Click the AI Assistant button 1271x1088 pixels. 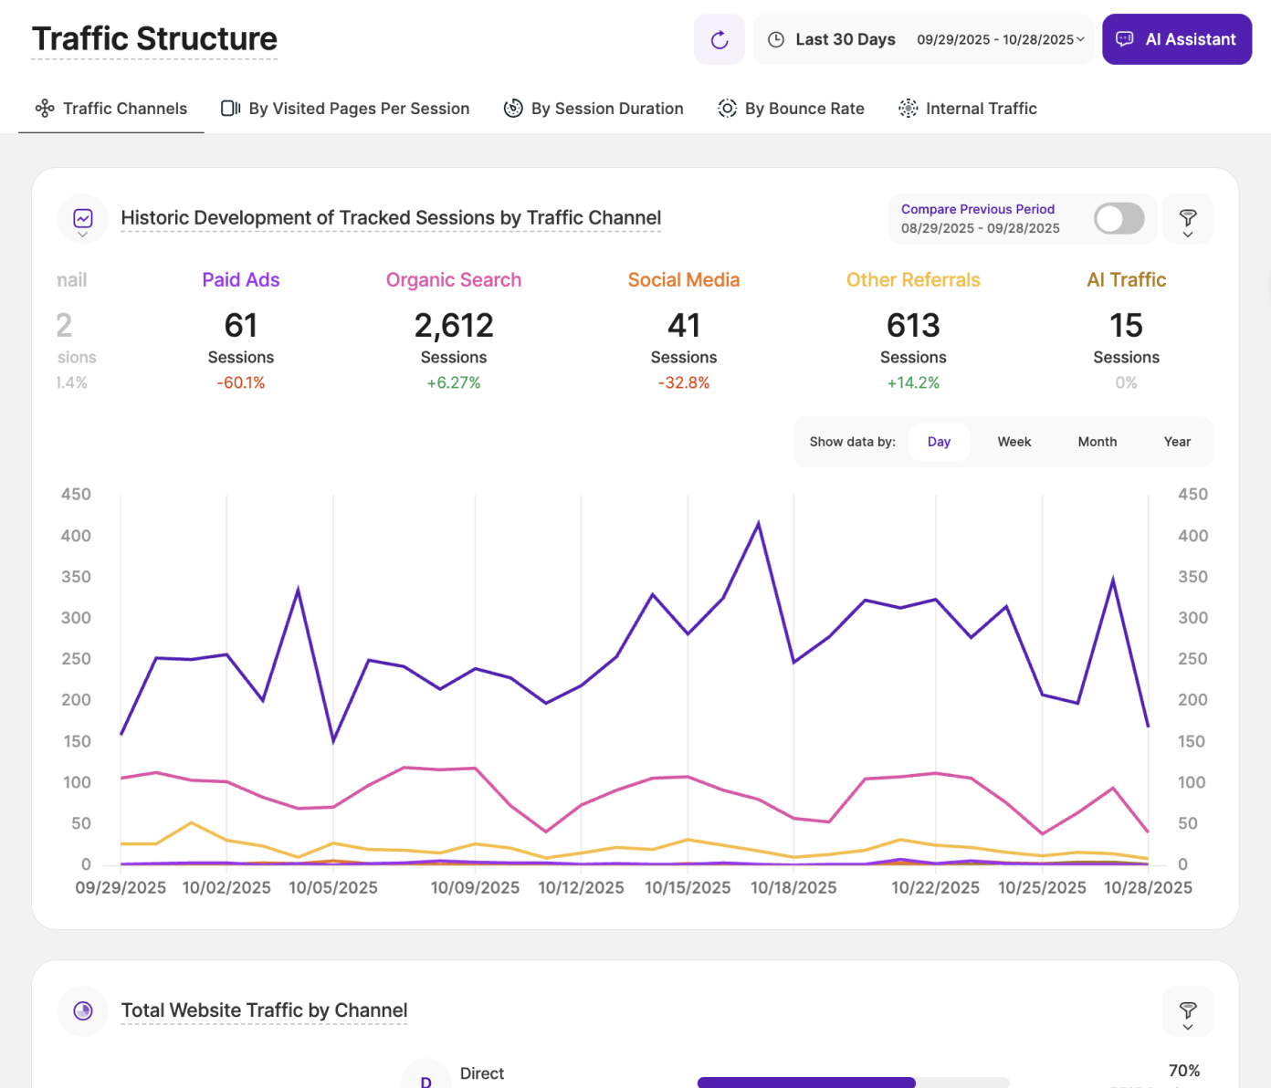coord(1176,39)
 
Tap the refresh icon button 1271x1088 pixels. coord(720,39)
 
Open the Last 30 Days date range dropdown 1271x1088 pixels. coord(923,39)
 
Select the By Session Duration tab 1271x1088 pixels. coord(593,109)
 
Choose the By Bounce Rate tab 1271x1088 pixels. coord(791,109)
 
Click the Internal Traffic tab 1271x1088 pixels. coord(968,109)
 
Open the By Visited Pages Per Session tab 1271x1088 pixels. coord(345,109)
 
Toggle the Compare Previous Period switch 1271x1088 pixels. coord(1119,218)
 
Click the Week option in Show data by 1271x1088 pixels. coord(1014,442)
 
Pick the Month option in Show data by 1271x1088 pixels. coord(1097,442)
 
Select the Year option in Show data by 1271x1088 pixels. coord(1177,442)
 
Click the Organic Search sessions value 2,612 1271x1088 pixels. coord(454,326)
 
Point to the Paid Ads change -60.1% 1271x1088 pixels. coord(241,383)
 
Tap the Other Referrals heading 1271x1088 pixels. coord(913,280)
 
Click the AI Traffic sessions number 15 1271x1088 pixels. coord(1126,326)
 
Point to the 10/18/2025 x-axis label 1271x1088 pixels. coord(793,887)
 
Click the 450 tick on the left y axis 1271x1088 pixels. coord(76,495)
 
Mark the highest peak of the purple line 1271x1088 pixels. coord(758,524)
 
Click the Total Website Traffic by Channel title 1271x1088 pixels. coord(264,1010)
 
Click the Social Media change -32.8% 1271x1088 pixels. coord(684,383)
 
